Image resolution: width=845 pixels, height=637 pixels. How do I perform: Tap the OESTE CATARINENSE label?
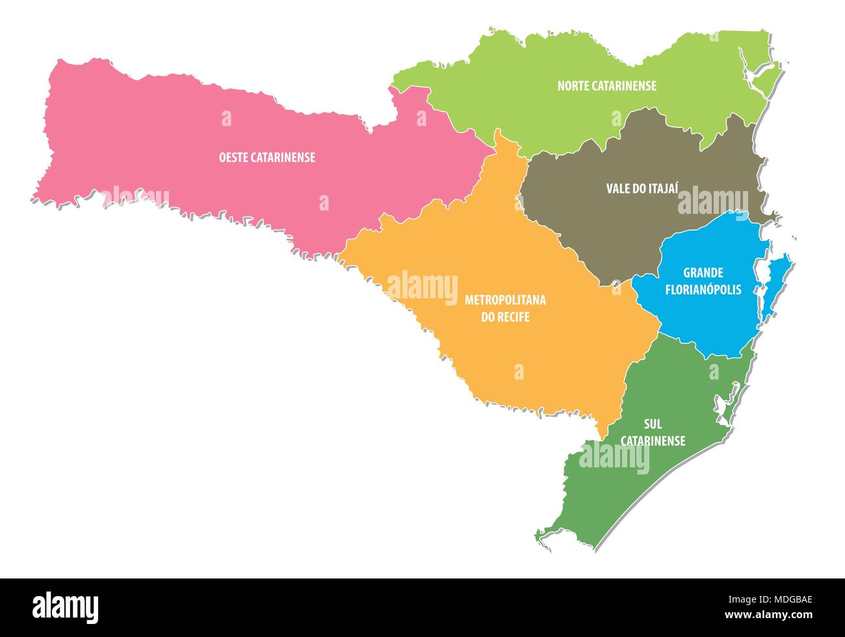(x=266, y=157)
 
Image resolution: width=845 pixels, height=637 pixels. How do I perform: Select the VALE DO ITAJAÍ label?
(x=642, y=188)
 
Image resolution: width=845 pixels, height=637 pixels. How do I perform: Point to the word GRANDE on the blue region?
(x=703, y=273)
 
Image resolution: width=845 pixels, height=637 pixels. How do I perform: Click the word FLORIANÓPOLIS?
(x=703, y=290)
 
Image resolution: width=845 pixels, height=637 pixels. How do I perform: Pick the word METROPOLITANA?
(x=504, y=300)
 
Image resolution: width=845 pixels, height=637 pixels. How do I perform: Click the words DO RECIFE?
(x=504, y=317)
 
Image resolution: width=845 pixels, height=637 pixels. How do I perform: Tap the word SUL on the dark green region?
(x=653, y=424)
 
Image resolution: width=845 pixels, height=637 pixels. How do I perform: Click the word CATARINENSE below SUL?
(x=653, y=441)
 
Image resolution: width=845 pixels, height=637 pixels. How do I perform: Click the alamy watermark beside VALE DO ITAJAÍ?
(x=712, y=200)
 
